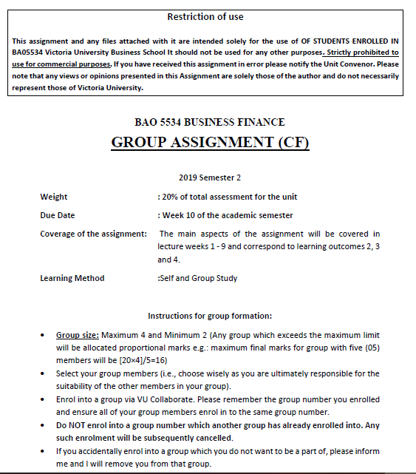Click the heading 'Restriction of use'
coord(205,17)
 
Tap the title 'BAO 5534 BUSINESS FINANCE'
coord(210,122)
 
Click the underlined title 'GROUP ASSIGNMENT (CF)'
coord(210,142)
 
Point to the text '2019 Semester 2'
coord(210,177)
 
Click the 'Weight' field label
coord(53,197)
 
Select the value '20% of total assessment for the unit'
coord(228,197)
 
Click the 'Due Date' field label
coord(58,215)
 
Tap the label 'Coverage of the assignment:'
coord(93,234)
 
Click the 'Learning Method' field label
coord(72,278)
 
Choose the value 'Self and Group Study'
coord(197,278)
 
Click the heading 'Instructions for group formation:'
coord(210,316)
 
